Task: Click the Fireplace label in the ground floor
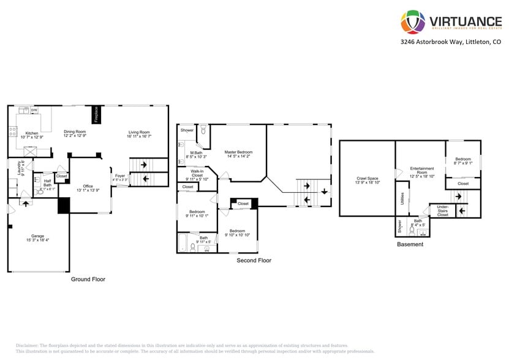pyautogui.click(x=96, y=114)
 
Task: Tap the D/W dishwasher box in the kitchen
pyautogui.click(x=34, y=110)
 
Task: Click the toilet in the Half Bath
pyautogui.click(x=40, y=192)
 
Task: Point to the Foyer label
pyautogui.click(x=120, y=176)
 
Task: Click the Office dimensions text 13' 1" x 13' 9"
pyautogui.click(x=88, y=190)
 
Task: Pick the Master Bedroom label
pyautogui.click(x=238, y=152)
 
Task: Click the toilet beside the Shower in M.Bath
pyautogui.click(x=203, y=130)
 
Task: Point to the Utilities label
pyautogui.click(x=401, y=199)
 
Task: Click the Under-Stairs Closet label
pyautogui.click(x=442, y=211)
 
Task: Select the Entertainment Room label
pyautogui.click(x=422, y=170)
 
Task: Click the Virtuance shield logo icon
pyautogui.click(x=413, y=22)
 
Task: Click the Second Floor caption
pyautogui.click(x=254, y=260)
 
